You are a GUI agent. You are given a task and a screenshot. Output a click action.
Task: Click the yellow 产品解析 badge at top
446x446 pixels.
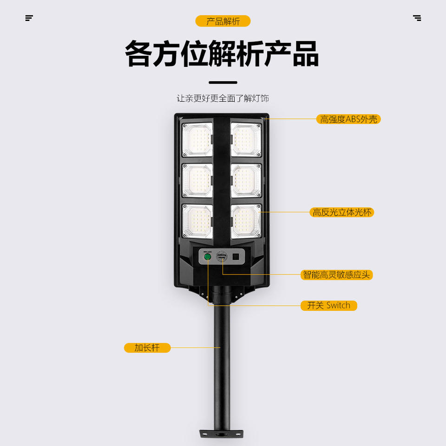(x=223, y=21)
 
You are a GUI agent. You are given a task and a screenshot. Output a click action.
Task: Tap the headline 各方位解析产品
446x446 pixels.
(x=222, y=54)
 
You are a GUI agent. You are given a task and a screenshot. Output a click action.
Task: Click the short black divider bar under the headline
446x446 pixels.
(x=223, y=82)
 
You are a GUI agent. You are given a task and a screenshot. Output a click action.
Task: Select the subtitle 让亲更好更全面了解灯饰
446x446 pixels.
(x=223, y=98)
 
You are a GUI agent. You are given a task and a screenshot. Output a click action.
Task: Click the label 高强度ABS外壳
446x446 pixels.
(x=348, y=119)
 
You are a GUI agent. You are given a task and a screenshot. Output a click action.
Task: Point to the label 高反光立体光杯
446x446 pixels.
(x=341, y=212)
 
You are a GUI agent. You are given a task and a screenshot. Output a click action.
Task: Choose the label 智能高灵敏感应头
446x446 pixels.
(x=337, y=275)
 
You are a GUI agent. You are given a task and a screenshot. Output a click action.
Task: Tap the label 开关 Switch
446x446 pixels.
(x=328, y=305)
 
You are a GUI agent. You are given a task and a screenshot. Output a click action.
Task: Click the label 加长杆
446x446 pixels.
(x=147, y=348)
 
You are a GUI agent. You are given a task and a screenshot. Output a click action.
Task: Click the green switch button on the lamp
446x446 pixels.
(x=207, y=256)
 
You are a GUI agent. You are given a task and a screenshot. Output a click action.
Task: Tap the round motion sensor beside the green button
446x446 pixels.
(x=222, y=256)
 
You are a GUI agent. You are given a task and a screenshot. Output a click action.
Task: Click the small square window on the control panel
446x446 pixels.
(x=236, y=256)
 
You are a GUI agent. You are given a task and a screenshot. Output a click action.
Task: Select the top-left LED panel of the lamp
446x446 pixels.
(x=197, y=139)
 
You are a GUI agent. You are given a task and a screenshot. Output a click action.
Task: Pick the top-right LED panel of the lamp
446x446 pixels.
(x=246, y=139)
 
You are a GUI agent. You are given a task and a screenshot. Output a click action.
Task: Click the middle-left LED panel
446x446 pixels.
(x=197, y=180)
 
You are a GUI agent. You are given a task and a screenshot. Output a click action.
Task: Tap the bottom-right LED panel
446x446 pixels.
(x=246, y=221)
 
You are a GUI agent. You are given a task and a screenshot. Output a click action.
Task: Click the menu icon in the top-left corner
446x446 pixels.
(x=29, y=18)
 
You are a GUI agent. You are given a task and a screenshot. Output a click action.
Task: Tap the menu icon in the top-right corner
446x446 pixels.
(x=417, y=18)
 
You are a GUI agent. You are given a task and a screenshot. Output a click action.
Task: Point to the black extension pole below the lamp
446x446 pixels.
(x=222, y=362)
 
